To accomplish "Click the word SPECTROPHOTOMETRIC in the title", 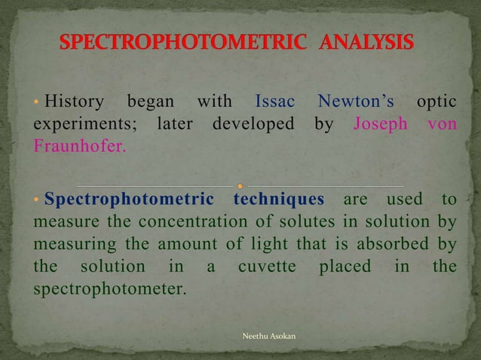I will [184, 42].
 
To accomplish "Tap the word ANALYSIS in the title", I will [367, 42].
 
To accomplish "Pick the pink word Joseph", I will [381, 124].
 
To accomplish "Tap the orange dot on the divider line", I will [240, 185].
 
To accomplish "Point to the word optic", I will [437, 102].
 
